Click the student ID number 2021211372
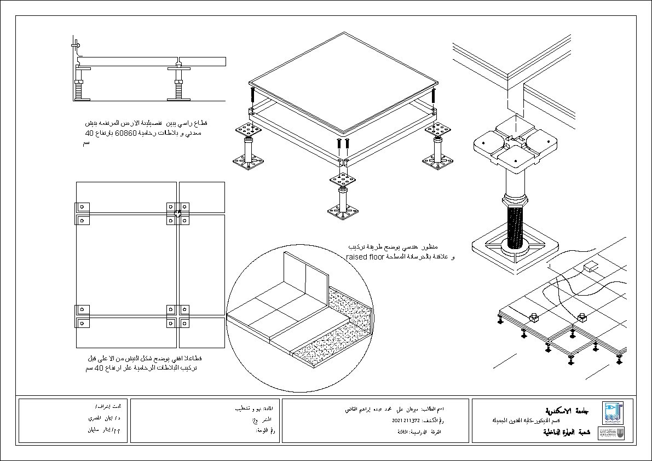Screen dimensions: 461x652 coord(406,421)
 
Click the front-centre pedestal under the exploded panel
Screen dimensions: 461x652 coord(343,197)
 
